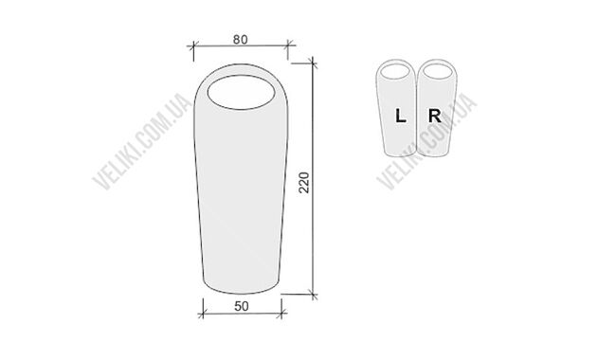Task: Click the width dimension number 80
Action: [x=240, y=40]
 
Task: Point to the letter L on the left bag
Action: [x=400, y=117]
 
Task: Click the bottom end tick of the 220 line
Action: [x=315, y=295]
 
